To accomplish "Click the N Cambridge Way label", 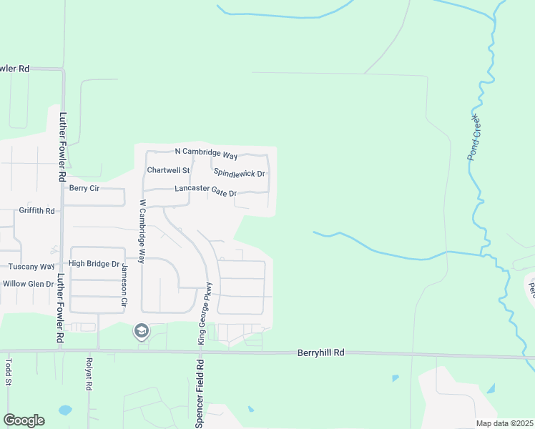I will tap(206, 152).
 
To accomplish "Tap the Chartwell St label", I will tap(168, 170).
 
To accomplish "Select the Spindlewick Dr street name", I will tap(239, 173).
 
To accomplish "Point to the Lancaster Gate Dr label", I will tap(205, 189).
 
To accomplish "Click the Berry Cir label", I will tap(83, 188).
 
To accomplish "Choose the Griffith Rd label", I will tap(37, 211).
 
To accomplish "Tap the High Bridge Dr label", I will tap(94, 264).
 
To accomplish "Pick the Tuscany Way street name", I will tap(31, 267).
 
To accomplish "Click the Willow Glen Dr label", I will tap(29, 284).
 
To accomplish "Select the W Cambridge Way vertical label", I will tap(142, 232).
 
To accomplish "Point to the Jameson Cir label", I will tap(123, 282).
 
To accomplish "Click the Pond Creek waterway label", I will tap(476, 137).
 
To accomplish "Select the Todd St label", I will tap(10, 372).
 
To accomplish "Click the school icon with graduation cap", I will tap(141, 331).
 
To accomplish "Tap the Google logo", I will tap(24, 420).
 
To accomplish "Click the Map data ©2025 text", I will tap(504, 423).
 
